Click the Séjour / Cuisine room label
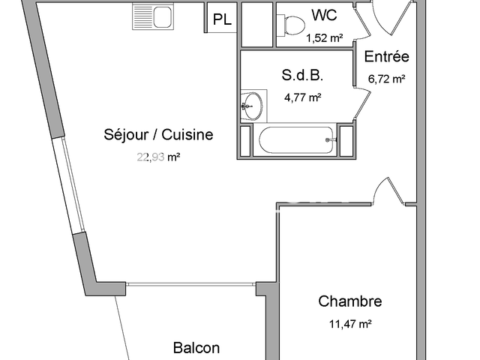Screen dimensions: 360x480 (x=158, y=135)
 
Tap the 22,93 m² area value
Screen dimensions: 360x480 (x=158, y=157)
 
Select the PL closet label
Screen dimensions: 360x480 (x=222, y=20)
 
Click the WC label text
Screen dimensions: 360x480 (x=325, y=15)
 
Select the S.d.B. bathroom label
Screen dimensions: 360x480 (x=303, y=75)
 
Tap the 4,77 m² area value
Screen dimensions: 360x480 (x=303, y=97)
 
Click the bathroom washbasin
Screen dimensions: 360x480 (x=253, y=105)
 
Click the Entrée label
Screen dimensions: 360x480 (x=386, y=57)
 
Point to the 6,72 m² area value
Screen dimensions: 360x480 (x=386, y=78)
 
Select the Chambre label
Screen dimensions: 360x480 (x=350, y=301)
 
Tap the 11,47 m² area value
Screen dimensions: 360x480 (x=350, y=324)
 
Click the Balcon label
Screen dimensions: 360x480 (x=196, y=348)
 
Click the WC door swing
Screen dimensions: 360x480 (x=361, y=22)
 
